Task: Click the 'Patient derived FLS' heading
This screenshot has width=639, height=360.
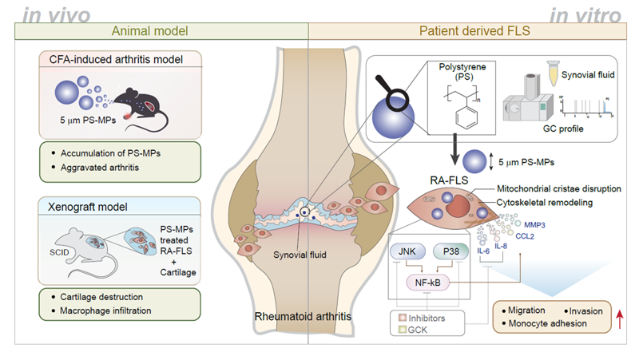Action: coord(468,33)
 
